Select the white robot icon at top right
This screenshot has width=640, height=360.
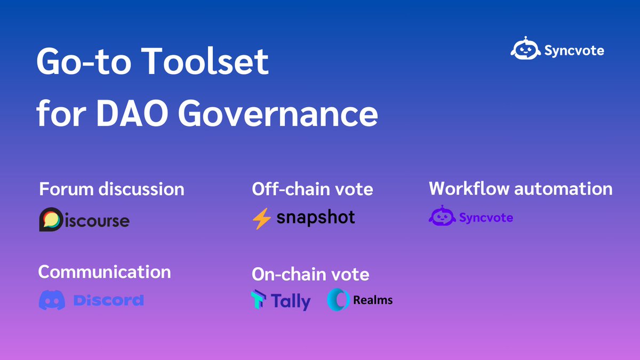pyautogui.click(x=525, y=50)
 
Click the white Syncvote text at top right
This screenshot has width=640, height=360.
pyautogui.click(x=574, y=51)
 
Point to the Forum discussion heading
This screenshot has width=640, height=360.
pyautogui.click(x=112, y=189)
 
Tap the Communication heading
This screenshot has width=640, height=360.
pyautogui.click(x=105, y=271)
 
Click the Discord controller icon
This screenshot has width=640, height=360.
pyautogui.click(x=52, y=300)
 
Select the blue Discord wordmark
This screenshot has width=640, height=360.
pyautogui.click(x=108, y=300)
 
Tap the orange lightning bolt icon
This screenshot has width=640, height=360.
pyautogui.click(x=262, y=218)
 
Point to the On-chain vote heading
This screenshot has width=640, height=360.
pyautogui.click(x=310, y=274)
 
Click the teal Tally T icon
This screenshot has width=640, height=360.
pyautogui.click(x=259, y=300)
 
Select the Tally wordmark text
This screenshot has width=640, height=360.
pyautogui.click(x=291, y=301)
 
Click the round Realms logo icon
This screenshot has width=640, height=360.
pyautogui.click(x=338, y=300)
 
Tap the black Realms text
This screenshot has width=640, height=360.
pyautogui.click(x=373, y=300)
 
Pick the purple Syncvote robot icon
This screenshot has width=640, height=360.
pyautogui.click(x=442, y=217)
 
